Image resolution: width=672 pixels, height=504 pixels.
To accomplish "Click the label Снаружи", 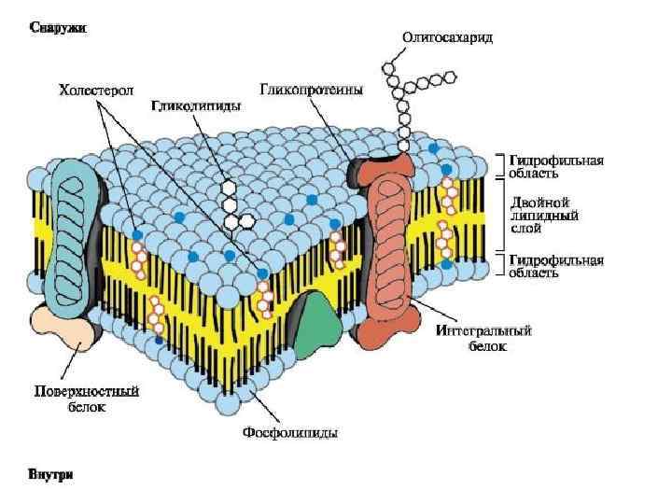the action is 58,28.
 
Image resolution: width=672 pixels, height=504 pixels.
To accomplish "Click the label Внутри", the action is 50,475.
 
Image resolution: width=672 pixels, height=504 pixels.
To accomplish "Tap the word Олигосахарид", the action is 447,37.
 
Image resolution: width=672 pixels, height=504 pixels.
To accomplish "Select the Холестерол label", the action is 96,91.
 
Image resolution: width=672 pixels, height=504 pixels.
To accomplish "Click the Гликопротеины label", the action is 311,91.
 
